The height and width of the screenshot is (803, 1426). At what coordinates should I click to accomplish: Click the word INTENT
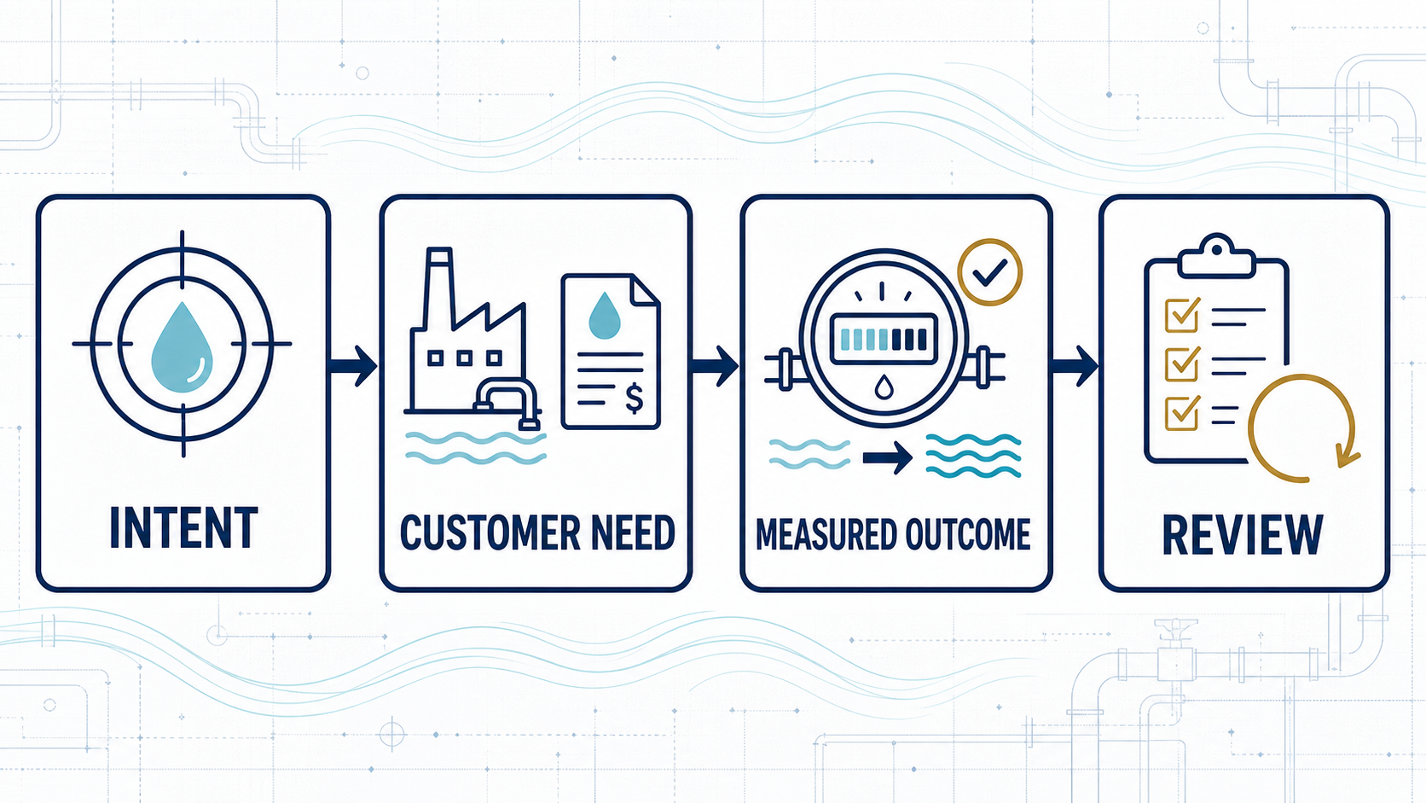click(183, 527)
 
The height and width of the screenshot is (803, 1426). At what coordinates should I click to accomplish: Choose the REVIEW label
click(1243, 535)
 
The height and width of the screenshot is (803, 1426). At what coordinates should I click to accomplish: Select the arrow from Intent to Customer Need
click(353, 366)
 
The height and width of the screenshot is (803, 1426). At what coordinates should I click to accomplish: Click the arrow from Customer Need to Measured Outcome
click(715, 366)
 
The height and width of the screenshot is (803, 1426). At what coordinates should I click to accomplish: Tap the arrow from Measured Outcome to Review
click(1075, 366)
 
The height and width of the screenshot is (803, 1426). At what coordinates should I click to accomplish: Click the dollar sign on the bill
click(634, 398)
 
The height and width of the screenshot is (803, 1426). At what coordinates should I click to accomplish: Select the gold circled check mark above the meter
click(990, 272)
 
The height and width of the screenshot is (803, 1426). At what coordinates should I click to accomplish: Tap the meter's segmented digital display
click(884, 340)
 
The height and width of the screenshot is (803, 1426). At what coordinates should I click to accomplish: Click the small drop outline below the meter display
click(884, 387)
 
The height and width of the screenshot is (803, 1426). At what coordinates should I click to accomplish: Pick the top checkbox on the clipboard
click(1182, 315)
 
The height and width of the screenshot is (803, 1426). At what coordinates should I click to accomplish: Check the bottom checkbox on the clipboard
click(1182, 413)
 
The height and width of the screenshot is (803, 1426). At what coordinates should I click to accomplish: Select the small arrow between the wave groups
click(888, 457)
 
